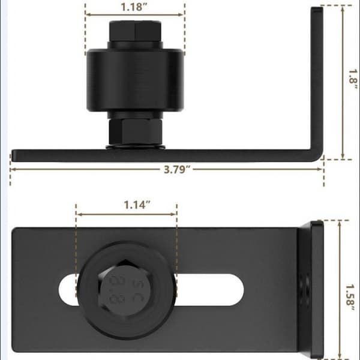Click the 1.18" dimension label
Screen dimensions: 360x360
(x=133, y=7)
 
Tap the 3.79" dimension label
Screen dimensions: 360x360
(x=177, y=169)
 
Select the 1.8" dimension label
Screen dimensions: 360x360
(x=353, y=79)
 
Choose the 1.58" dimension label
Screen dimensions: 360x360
(x=350, y=298)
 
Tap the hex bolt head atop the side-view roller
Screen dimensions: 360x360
(x=135, y=31)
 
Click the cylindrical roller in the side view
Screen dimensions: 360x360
(x=135, y=80)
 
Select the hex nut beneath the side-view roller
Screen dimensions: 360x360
(x=135, y=132)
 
